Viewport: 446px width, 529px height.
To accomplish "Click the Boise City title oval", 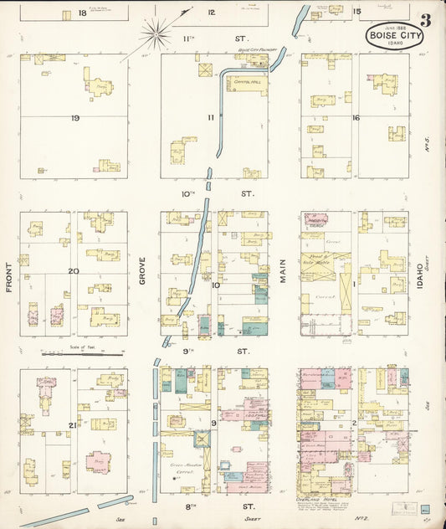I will [392, 37].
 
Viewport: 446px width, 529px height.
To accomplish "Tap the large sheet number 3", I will [426, 20].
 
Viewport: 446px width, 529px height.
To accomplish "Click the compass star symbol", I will [155, 33].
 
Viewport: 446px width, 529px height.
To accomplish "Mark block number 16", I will [356, 118].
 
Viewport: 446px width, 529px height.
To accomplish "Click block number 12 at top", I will [212, 12].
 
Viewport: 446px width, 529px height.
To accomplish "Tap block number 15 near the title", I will [356, 11].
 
